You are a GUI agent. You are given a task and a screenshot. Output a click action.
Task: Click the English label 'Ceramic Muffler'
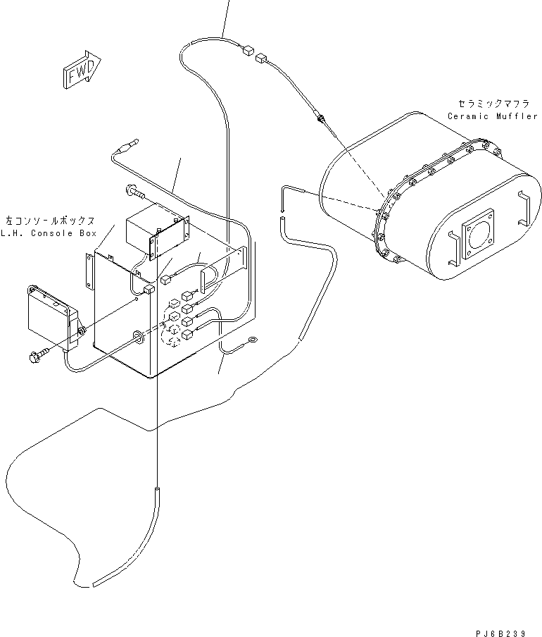pos(492,116)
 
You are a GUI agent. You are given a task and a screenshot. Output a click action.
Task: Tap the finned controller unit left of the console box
pos(51,317)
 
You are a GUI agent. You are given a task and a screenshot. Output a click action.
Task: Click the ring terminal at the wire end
pos(251,344)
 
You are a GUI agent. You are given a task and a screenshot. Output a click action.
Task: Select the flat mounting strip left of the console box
pos(89,272)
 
